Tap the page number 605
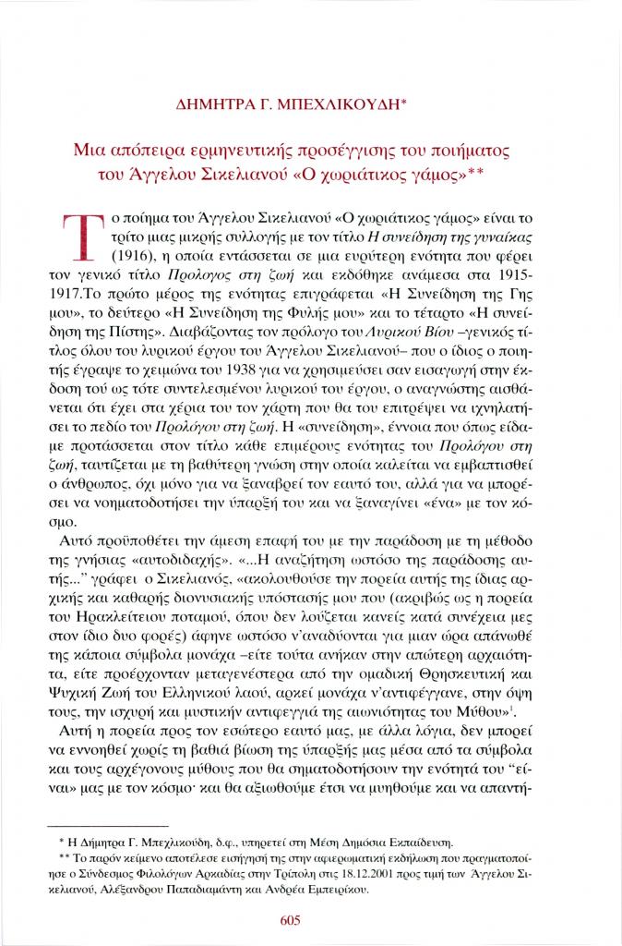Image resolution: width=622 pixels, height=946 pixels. coord(311,919)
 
